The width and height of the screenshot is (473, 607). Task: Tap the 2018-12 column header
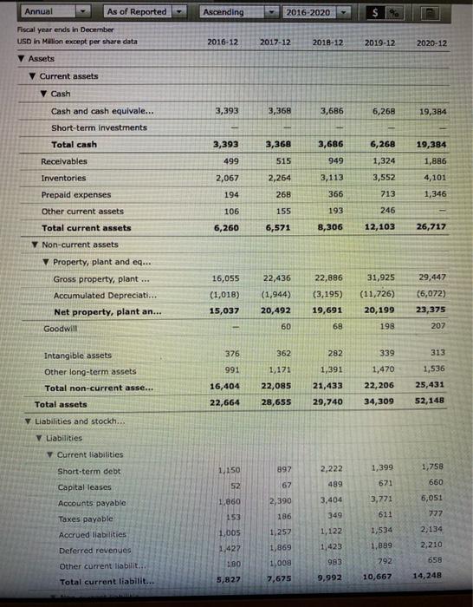click(330, 42)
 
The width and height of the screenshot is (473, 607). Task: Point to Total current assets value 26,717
click(431, 227)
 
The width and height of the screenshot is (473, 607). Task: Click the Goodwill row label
click(60, 329)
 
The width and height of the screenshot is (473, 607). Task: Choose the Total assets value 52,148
click(431, 403)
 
